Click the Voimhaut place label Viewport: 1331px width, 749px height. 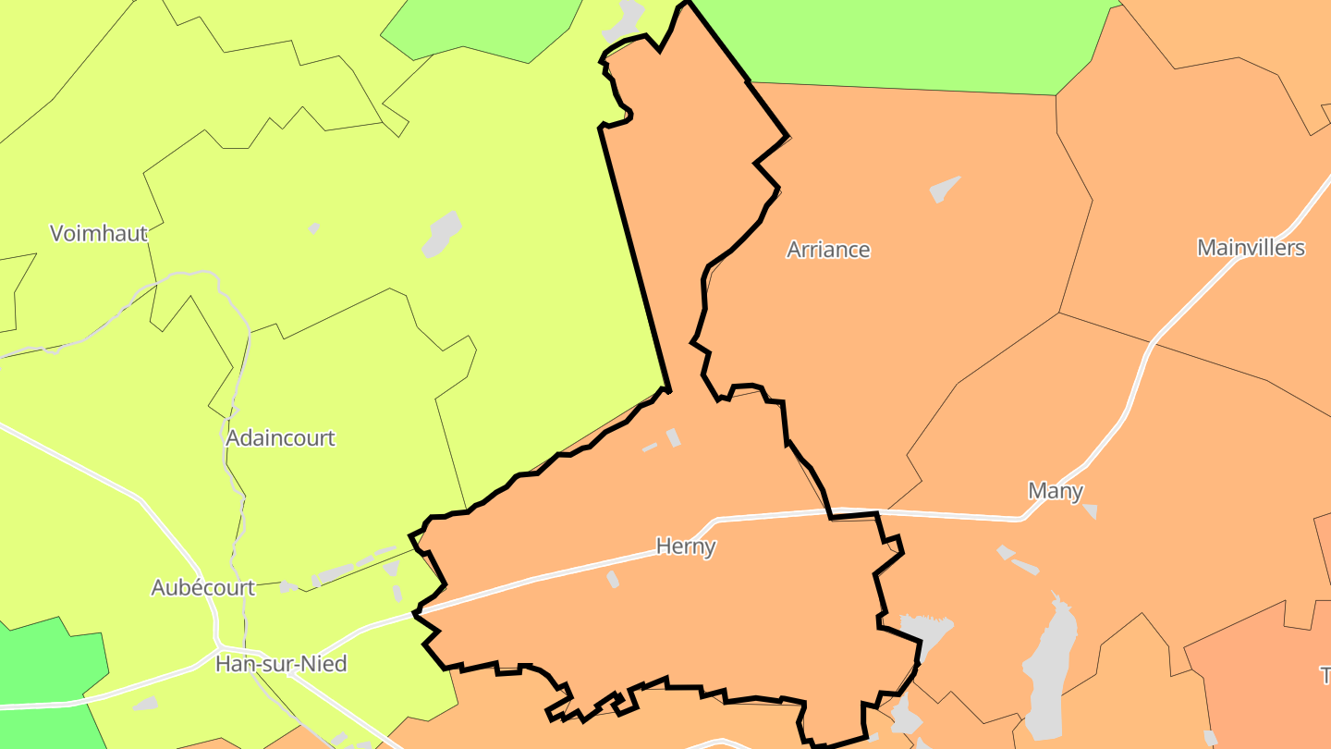click(x=99, y=233)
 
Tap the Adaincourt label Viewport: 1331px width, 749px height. click(x=280, y=438)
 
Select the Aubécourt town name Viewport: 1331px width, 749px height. click(x=203, y=588)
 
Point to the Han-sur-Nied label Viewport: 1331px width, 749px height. click(x=268, y=664)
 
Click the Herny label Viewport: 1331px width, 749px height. click(x=686, y=546)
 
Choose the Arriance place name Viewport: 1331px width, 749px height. click(x=828, y=250)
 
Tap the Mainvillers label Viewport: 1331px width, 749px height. click(x=1251, y=248)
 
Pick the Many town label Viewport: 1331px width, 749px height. click(x=1056, y=491)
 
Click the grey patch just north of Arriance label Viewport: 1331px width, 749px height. click(x=944, y=190)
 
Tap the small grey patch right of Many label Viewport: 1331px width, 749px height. click(x=1091, y=510)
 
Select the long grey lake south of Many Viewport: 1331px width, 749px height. click(x=1049, y=666)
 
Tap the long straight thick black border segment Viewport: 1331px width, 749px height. click(x=633, y=259)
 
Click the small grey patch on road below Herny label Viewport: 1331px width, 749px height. click(x=612, y=580)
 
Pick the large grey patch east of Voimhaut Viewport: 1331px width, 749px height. click(x=442, y=233)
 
